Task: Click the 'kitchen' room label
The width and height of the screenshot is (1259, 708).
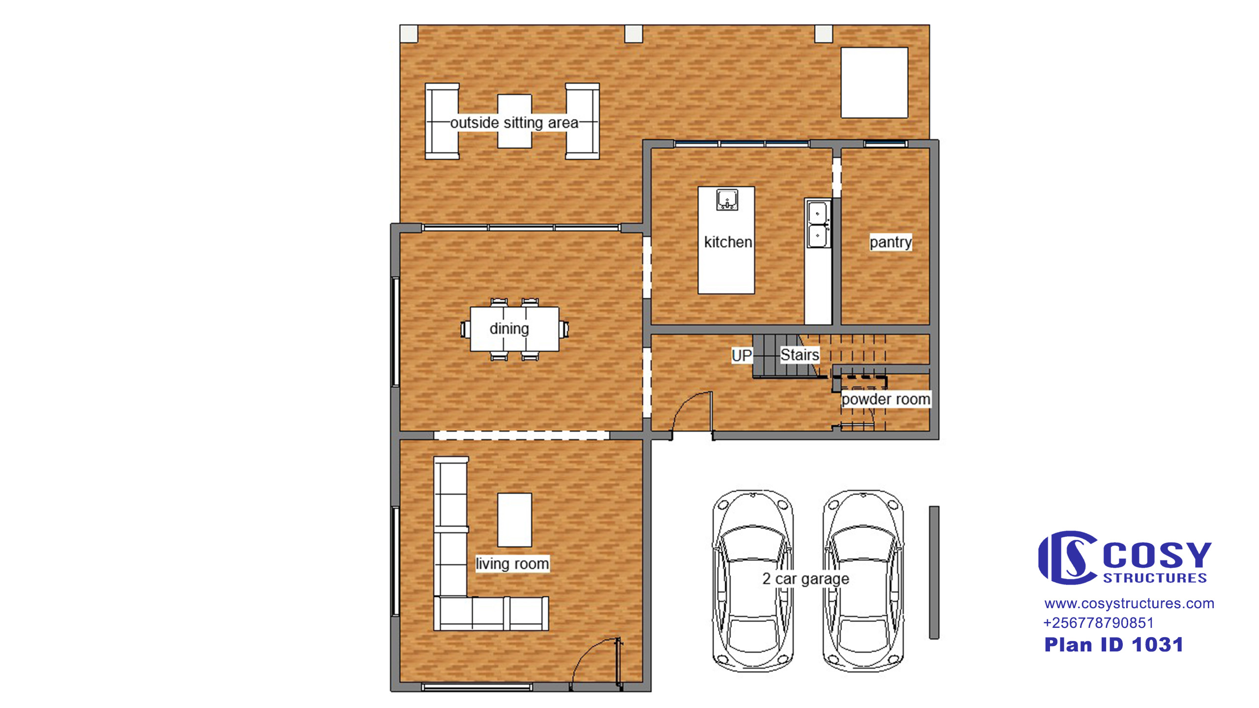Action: tap(728, 242)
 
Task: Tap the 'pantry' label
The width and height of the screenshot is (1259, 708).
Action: tap(891, 242)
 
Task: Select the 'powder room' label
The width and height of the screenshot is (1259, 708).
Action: tap(886, 399)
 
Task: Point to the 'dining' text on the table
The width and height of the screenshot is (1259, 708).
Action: tap(509, 328)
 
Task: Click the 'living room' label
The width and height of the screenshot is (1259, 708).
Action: tap(512, 563)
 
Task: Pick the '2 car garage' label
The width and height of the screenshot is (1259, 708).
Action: tap(806, 579)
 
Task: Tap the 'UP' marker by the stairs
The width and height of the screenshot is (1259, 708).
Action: tap(742, 355)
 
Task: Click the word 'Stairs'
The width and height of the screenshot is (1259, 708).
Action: tap(800, 354)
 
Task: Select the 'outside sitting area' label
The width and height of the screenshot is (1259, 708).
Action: tap(514, 122)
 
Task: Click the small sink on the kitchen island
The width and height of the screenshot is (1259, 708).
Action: tap(727, 200)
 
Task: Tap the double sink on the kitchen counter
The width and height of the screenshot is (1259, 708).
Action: tap(817, 224)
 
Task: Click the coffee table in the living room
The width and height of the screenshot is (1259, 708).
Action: tap(514, 520)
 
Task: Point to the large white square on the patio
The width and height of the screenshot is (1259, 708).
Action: tap(874, 83)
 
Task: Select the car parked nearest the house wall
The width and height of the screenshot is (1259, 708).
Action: tap(752, 581)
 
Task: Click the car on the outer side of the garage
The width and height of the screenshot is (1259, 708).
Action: tap(863, 581)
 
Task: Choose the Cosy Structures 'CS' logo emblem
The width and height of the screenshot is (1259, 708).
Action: tap(1068, 557)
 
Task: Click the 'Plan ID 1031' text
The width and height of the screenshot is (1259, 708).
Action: tap(1113, 645)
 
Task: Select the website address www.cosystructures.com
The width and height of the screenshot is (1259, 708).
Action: tap(1129, 603)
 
